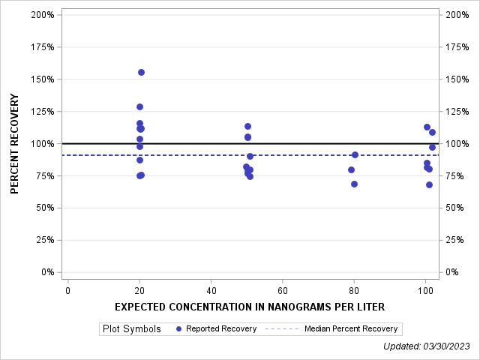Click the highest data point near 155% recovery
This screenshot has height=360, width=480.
[x=141, y=72]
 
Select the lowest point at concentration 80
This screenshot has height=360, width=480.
[x=354, y=184]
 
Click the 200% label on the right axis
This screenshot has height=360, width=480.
[x=457, y=15]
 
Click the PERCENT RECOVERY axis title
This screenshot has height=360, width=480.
[x=15, y=143]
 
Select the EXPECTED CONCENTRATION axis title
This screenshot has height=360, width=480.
[x=250, y=307]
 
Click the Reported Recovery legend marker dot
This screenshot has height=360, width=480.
[x=178, y=328]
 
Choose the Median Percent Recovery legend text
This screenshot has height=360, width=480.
[x=351, y=328]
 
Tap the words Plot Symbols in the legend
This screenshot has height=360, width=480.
[x=131, y=328]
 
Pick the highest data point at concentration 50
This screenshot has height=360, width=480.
[x=247, y=126]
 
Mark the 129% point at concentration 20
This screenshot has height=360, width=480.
[x=139, y=106]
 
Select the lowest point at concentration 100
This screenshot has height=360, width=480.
[x=429, y=184]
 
